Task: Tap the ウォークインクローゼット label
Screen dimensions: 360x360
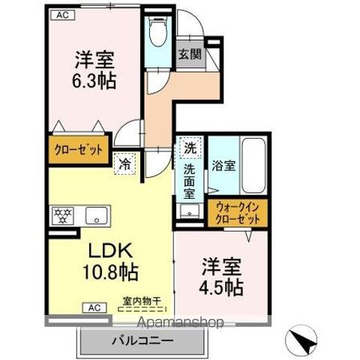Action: pos(238,213)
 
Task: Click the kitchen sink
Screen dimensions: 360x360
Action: pos(96,216)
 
